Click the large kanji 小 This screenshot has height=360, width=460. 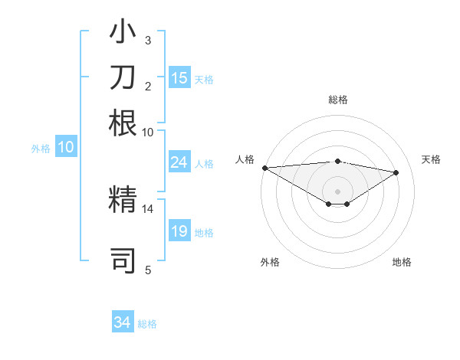point(123,35)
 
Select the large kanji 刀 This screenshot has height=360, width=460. point(123,79)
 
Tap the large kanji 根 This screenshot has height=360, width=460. point(123,123)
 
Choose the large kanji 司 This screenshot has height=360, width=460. point(123,260)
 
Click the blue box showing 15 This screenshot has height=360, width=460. point(179,78)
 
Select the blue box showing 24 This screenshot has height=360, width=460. point(179,162)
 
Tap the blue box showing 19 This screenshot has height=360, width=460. point(179,231)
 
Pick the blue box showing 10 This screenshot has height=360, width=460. point(66,148)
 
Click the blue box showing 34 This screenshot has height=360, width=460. point(123,323)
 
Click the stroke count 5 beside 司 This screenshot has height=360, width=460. point(148,269)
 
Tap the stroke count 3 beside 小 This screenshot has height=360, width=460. point(148,40)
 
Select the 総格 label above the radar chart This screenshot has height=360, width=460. point(337,100)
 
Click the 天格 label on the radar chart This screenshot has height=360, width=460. point(431,159)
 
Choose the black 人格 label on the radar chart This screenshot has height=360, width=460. point(245,159)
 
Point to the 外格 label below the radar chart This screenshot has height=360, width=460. point(270,262)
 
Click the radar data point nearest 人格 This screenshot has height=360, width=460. point(264,168)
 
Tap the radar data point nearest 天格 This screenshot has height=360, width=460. point(396,172)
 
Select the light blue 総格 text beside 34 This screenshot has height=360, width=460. point(147,324)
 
